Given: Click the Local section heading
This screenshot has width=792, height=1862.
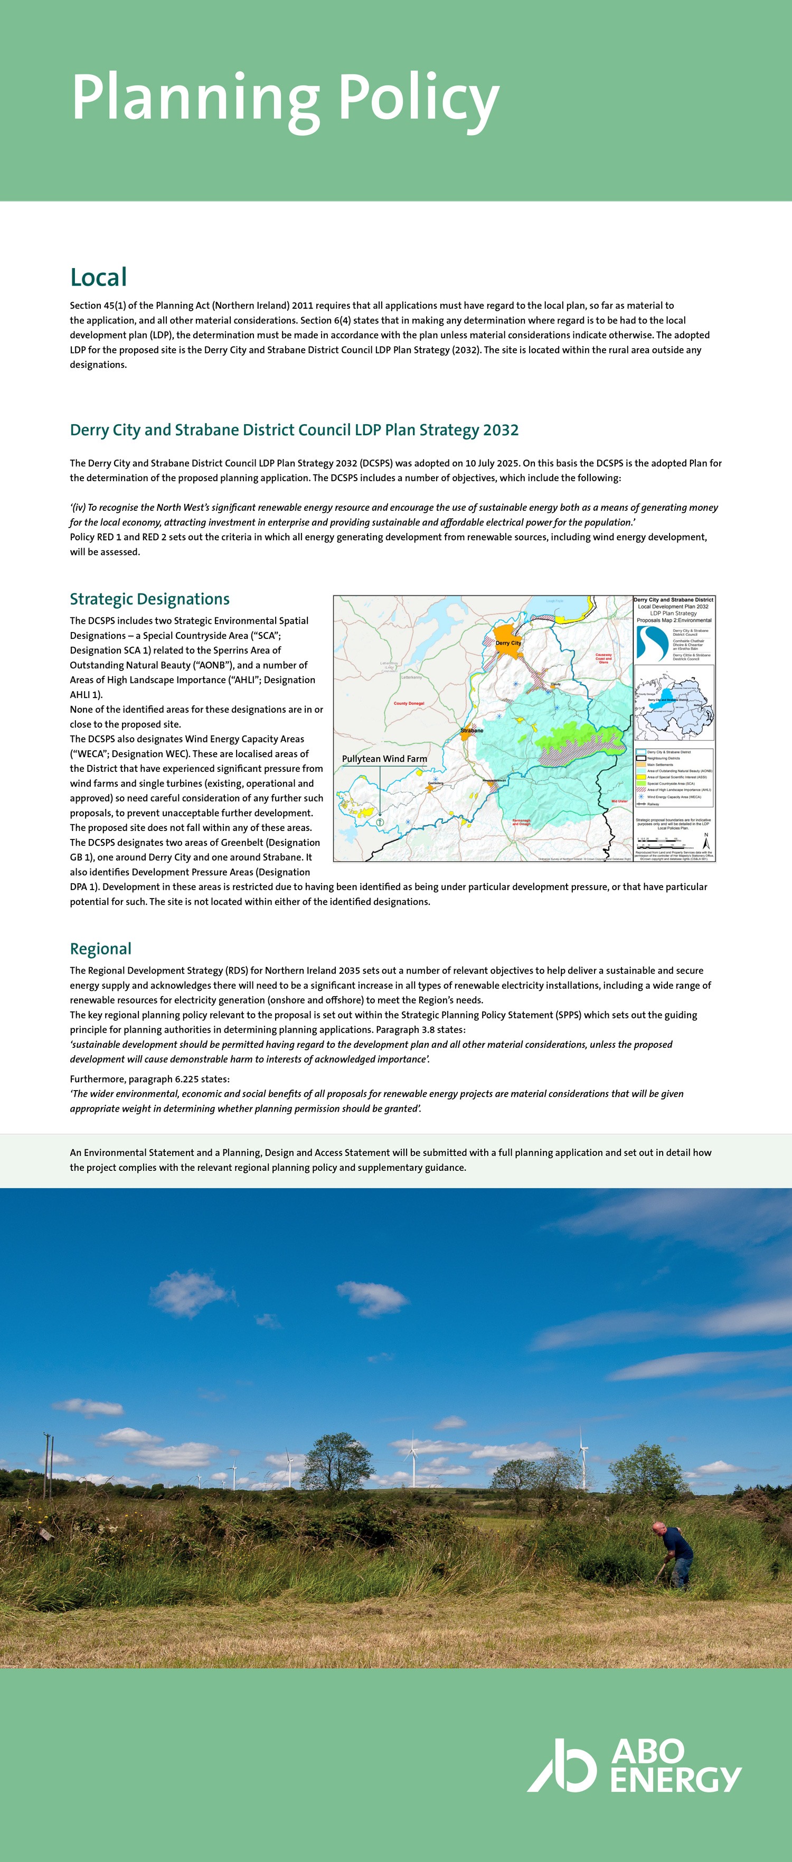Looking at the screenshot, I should pyautogui.click(x=98, y=278).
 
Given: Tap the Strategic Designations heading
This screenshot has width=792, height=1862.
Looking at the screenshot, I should pyautogui.click(x=150, y=599).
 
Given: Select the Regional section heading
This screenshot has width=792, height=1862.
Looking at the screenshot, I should pyautogui.click(x=100, y=949).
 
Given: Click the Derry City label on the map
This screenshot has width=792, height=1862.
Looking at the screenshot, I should pyautogui.click(x=508, y=643).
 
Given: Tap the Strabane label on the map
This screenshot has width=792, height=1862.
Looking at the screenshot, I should pyautogui.click(x=472, y=731).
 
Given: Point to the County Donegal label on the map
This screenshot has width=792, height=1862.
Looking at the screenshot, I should pyautogui.click(x=409, y=703).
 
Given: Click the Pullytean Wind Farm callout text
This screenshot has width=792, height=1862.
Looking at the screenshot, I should pyautogui.click(x=384, y=759).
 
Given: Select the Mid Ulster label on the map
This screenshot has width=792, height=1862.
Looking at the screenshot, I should pyautogui.click(x=619, y=801).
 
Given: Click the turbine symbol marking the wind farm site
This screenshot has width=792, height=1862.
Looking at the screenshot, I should pyautogui.click(x=380, y=823).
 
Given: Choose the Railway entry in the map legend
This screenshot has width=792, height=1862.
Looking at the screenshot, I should pyautogui.click(x=653, y=804).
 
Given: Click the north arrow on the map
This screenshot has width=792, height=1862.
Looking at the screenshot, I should pyautogui.click(x=706, y=840).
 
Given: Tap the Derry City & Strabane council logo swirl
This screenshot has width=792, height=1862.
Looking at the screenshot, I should pyautogui.click(x=652, y=643).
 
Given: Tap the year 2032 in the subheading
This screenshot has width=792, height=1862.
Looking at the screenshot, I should pyautogui.click(x=501, y=430).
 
